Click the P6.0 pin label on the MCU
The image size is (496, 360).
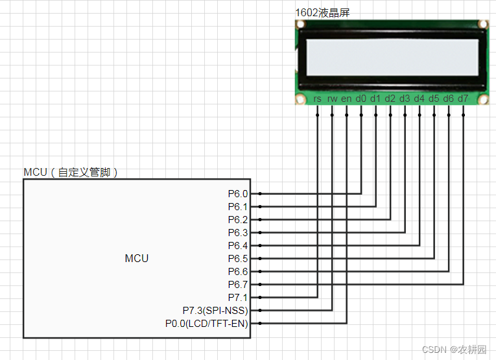click(238, 193)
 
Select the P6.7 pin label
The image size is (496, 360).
click(238, 284)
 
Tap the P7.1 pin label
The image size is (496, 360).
click(238, 297)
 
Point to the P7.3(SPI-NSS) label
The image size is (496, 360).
click(215, 310)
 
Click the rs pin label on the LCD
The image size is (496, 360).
click(318, 99)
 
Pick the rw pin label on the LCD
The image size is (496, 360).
click(332, 99)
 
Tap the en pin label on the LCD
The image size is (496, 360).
click(347, 99)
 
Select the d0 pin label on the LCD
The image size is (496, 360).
click(361, 99)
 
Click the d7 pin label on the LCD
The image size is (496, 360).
click(463, 99)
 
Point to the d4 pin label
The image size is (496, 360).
click(419, 99)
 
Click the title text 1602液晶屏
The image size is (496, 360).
click(322, 12)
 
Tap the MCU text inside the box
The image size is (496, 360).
click(137, 258)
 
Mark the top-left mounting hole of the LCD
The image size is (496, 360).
click(301, 25)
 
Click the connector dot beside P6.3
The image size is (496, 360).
click(259, 232)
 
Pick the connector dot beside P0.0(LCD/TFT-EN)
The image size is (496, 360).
click(259, 323)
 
